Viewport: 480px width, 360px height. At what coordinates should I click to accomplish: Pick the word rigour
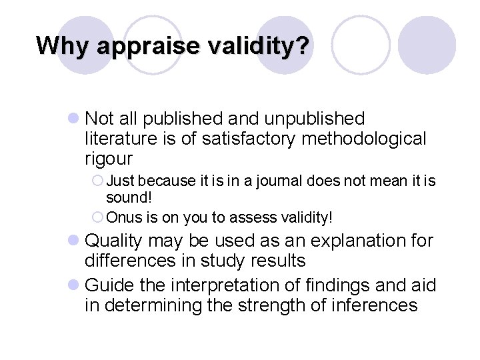tap(109, 159)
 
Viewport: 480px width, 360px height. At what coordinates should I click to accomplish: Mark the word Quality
tap(116, 239)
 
